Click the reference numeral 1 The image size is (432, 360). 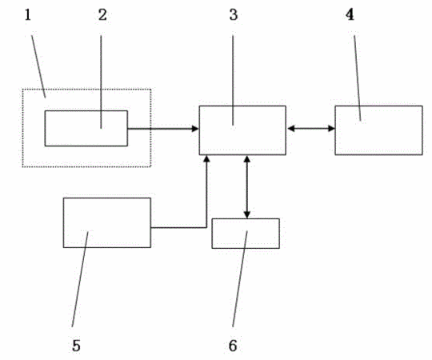click(28, 15)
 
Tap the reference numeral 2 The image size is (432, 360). click(102, 15)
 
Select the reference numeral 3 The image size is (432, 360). click(234, 15)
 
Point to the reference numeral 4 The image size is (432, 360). click(350, 14)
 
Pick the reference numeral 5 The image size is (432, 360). click(76, 346)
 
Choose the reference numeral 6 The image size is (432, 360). click(233, 346)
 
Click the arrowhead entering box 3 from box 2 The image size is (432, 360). click(195, 128)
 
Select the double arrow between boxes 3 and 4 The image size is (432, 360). click(310, 128)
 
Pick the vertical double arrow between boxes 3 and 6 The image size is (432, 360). click(247, 187)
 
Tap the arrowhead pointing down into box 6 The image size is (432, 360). click(247, 215)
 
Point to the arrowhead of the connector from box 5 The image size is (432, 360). click(206, 159)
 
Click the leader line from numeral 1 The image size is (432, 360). click(38, 66)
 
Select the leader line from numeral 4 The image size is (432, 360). click(358, 78)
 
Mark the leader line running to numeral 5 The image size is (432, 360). click(80, 279)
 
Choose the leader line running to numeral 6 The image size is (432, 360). click(240, 278)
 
